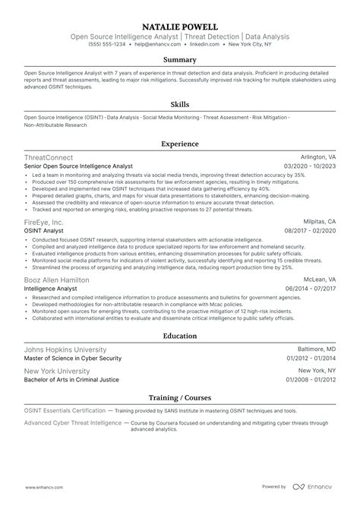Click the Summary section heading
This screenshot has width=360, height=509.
tap(180, 58)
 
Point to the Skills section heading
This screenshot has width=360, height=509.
tap(180, 106)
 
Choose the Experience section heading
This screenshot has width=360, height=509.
tap(180, 143)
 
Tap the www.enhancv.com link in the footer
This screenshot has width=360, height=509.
tap(46, 486)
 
